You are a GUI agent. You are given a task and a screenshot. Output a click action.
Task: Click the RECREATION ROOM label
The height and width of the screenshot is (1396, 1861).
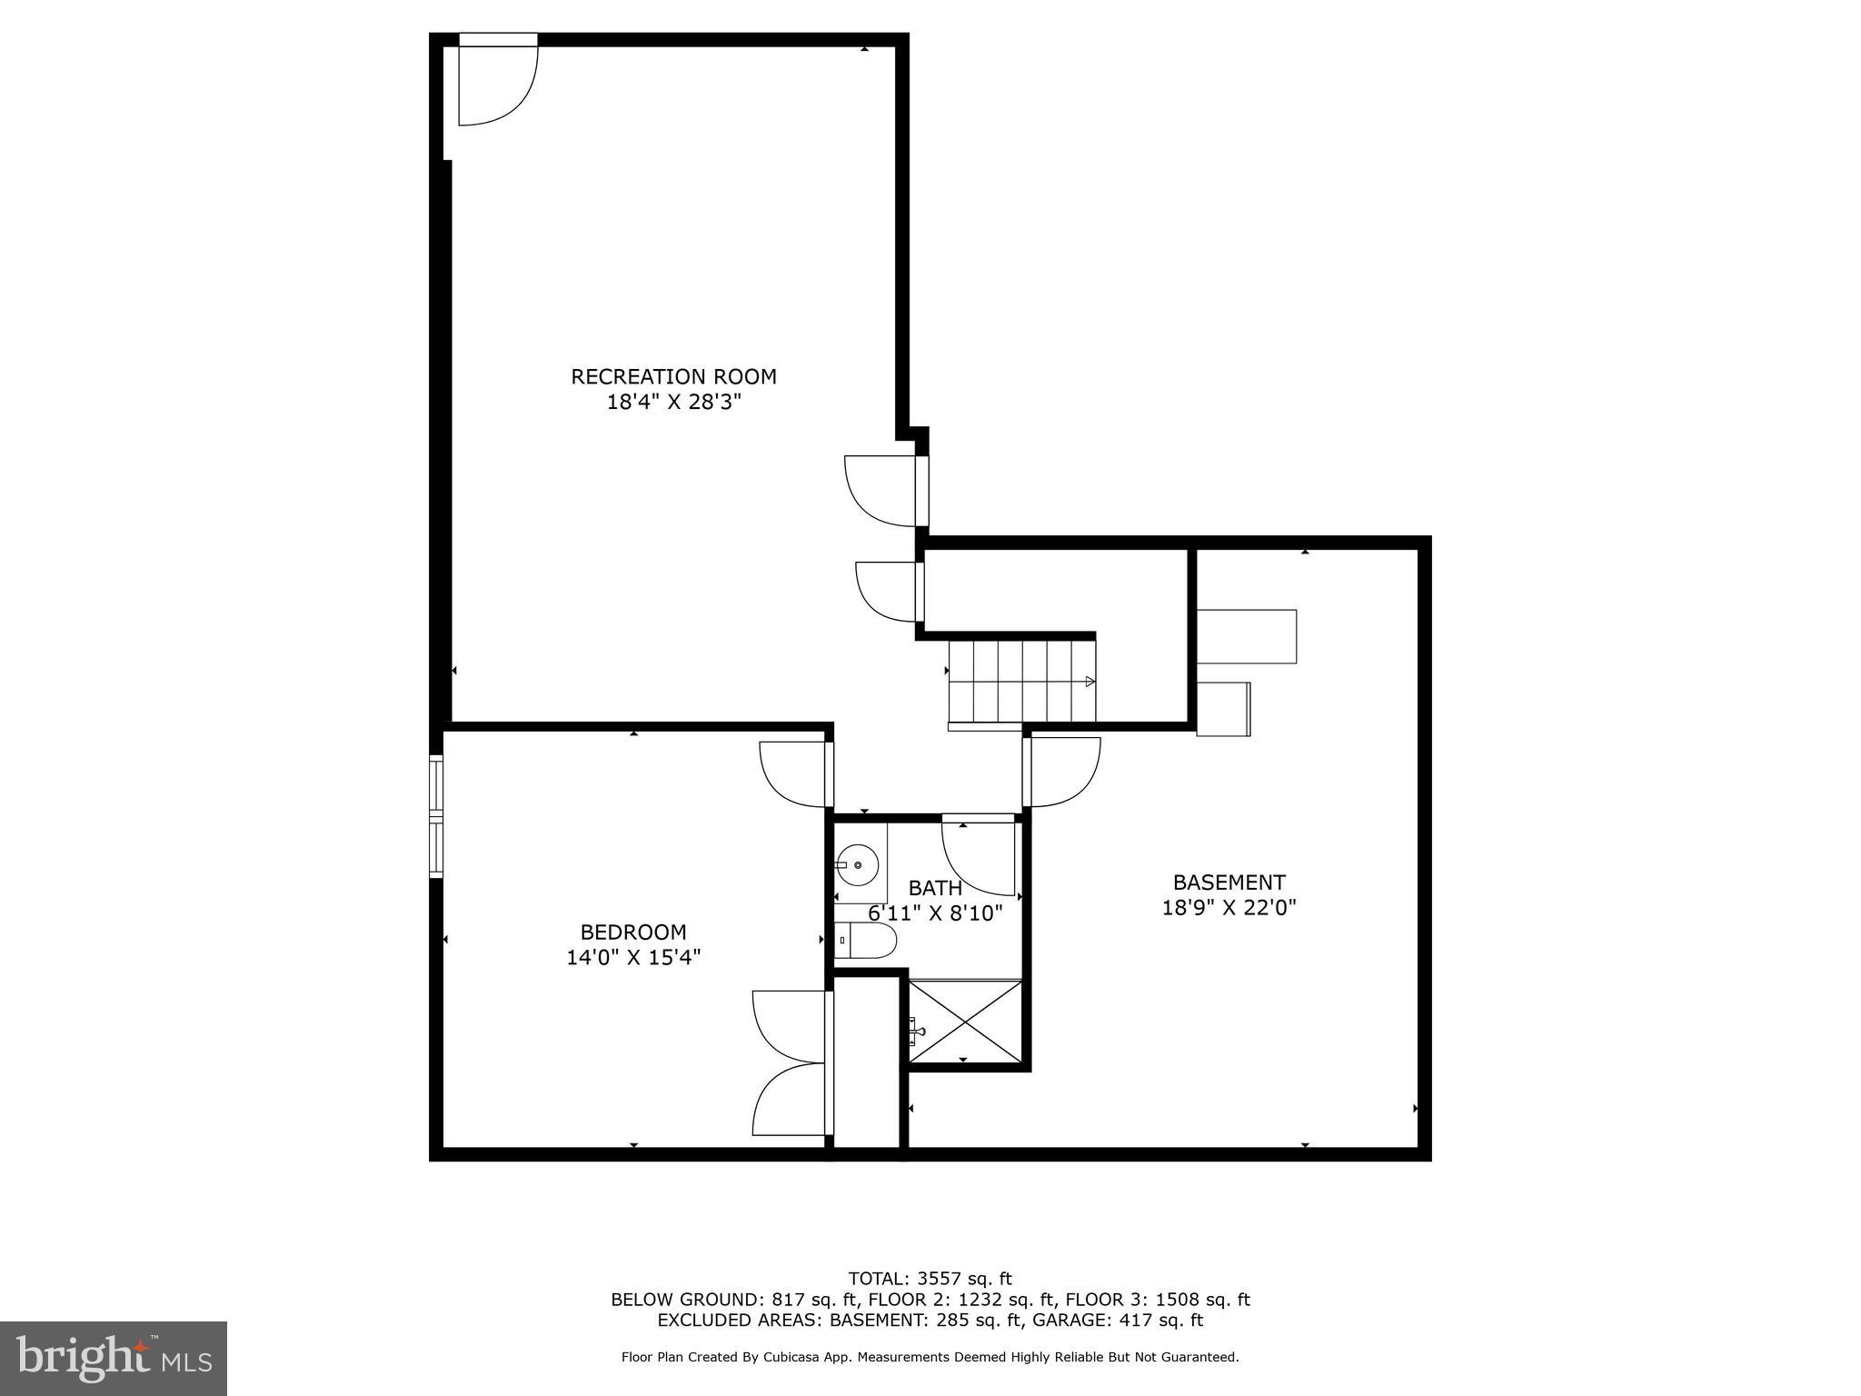673,376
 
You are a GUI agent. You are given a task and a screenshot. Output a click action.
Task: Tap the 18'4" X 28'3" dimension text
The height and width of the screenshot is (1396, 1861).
673,402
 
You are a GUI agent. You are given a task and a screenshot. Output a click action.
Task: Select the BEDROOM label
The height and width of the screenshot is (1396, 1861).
633,932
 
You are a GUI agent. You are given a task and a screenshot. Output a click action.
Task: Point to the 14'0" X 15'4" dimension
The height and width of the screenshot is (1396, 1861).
633,957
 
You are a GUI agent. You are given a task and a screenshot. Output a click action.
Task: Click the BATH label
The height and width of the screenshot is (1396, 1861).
935,888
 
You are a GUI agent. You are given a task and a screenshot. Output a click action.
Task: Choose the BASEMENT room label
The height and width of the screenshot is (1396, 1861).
1229,882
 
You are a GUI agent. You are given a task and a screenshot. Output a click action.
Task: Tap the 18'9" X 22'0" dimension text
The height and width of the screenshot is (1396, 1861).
1229,907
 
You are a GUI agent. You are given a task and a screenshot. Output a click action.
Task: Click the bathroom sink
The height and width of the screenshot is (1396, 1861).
858,864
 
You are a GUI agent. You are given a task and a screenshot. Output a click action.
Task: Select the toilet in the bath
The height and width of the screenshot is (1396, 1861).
866,941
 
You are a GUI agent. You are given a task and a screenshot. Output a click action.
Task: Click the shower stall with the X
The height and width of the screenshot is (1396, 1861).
966,1021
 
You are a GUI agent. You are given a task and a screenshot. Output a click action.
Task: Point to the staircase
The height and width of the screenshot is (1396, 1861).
1020,682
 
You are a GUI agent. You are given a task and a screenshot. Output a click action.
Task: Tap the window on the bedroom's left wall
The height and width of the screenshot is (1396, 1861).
436,816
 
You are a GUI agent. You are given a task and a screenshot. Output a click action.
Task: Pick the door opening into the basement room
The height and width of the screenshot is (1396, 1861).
1061,772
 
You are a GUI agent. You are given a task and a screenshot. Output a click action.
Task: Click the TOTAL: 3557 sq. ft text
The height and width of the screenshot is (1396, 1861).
930,1280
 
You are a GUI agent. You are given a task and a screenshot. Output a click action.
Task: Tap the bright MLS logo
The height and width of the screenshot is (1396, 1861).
114,1358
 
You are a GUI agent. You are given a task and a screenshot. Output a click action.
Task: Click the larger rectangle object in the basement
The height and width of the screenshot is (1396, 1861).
1246,636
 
